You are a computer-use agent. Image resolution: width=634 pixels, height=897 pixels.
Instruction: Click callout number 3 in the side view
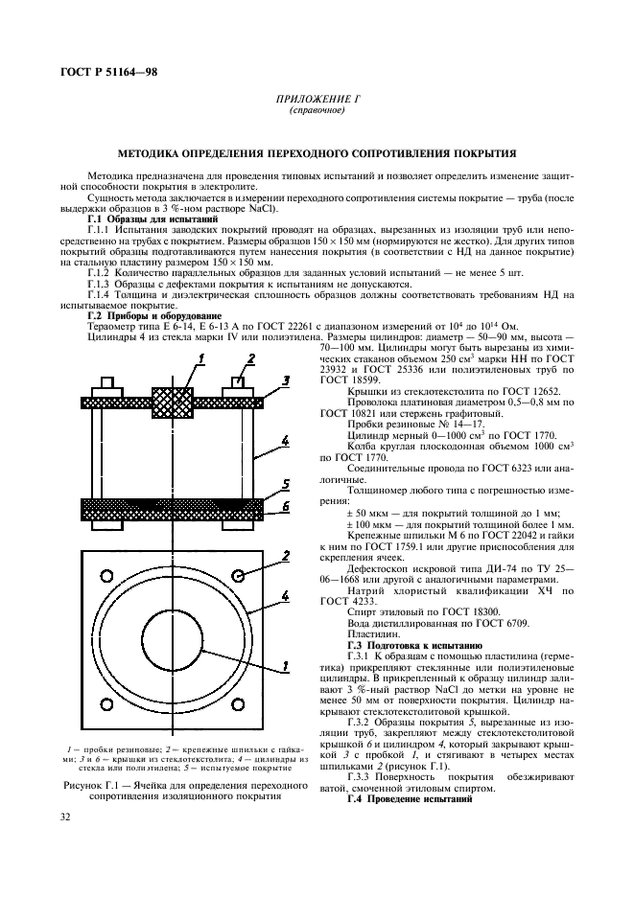pos(287,382)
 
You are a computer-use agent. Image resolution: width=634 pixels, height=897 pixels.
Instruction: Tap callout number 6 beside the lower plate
pos(286,506)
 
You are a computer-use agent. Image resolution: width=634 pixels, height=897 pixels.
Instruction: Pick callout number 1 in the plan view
pos(285,690)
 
